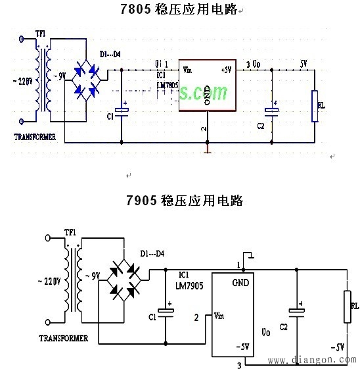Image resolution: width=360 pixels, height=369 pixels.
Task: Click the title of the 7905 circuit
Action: click(185, 201)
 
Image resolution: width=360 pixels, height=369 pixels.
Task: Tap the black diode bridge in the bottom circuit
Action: click(125, 278)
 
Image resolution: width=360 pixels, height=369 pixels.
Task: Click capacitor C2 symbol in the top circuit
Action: click(271, 111)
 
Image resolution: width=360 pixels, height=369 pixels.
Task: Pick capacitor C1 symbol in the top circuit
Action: click(122, 111)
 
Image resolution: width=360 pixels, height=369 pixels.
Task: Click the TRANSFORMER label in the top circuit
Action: click(35, 139)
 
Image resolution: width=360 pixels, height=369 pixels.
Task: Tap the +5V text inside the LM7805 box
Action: click(226, 69)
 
